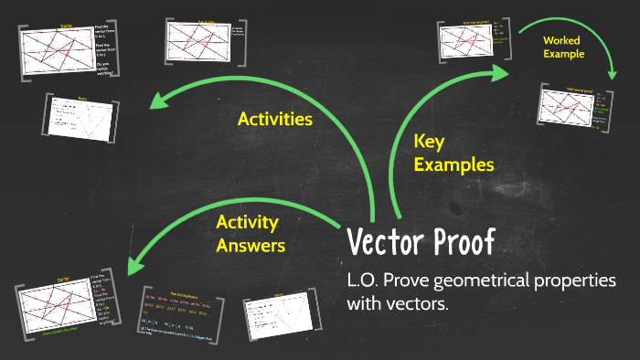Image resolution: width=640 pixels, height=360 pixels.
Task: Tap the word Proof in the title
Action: [x=461, y=243]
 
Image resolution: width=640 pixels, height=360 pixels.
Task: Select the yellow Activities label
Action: [x=275, y=120]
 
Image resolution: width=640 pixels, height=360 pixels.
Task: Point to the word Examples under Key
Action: [x=453, y=164]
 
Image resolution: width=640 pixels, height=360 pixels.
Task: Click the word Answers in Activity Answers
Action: [x=251, y=245]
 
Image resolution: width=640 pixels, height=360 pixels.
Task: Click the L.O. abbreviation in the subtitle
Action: [x=364, y=280]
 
